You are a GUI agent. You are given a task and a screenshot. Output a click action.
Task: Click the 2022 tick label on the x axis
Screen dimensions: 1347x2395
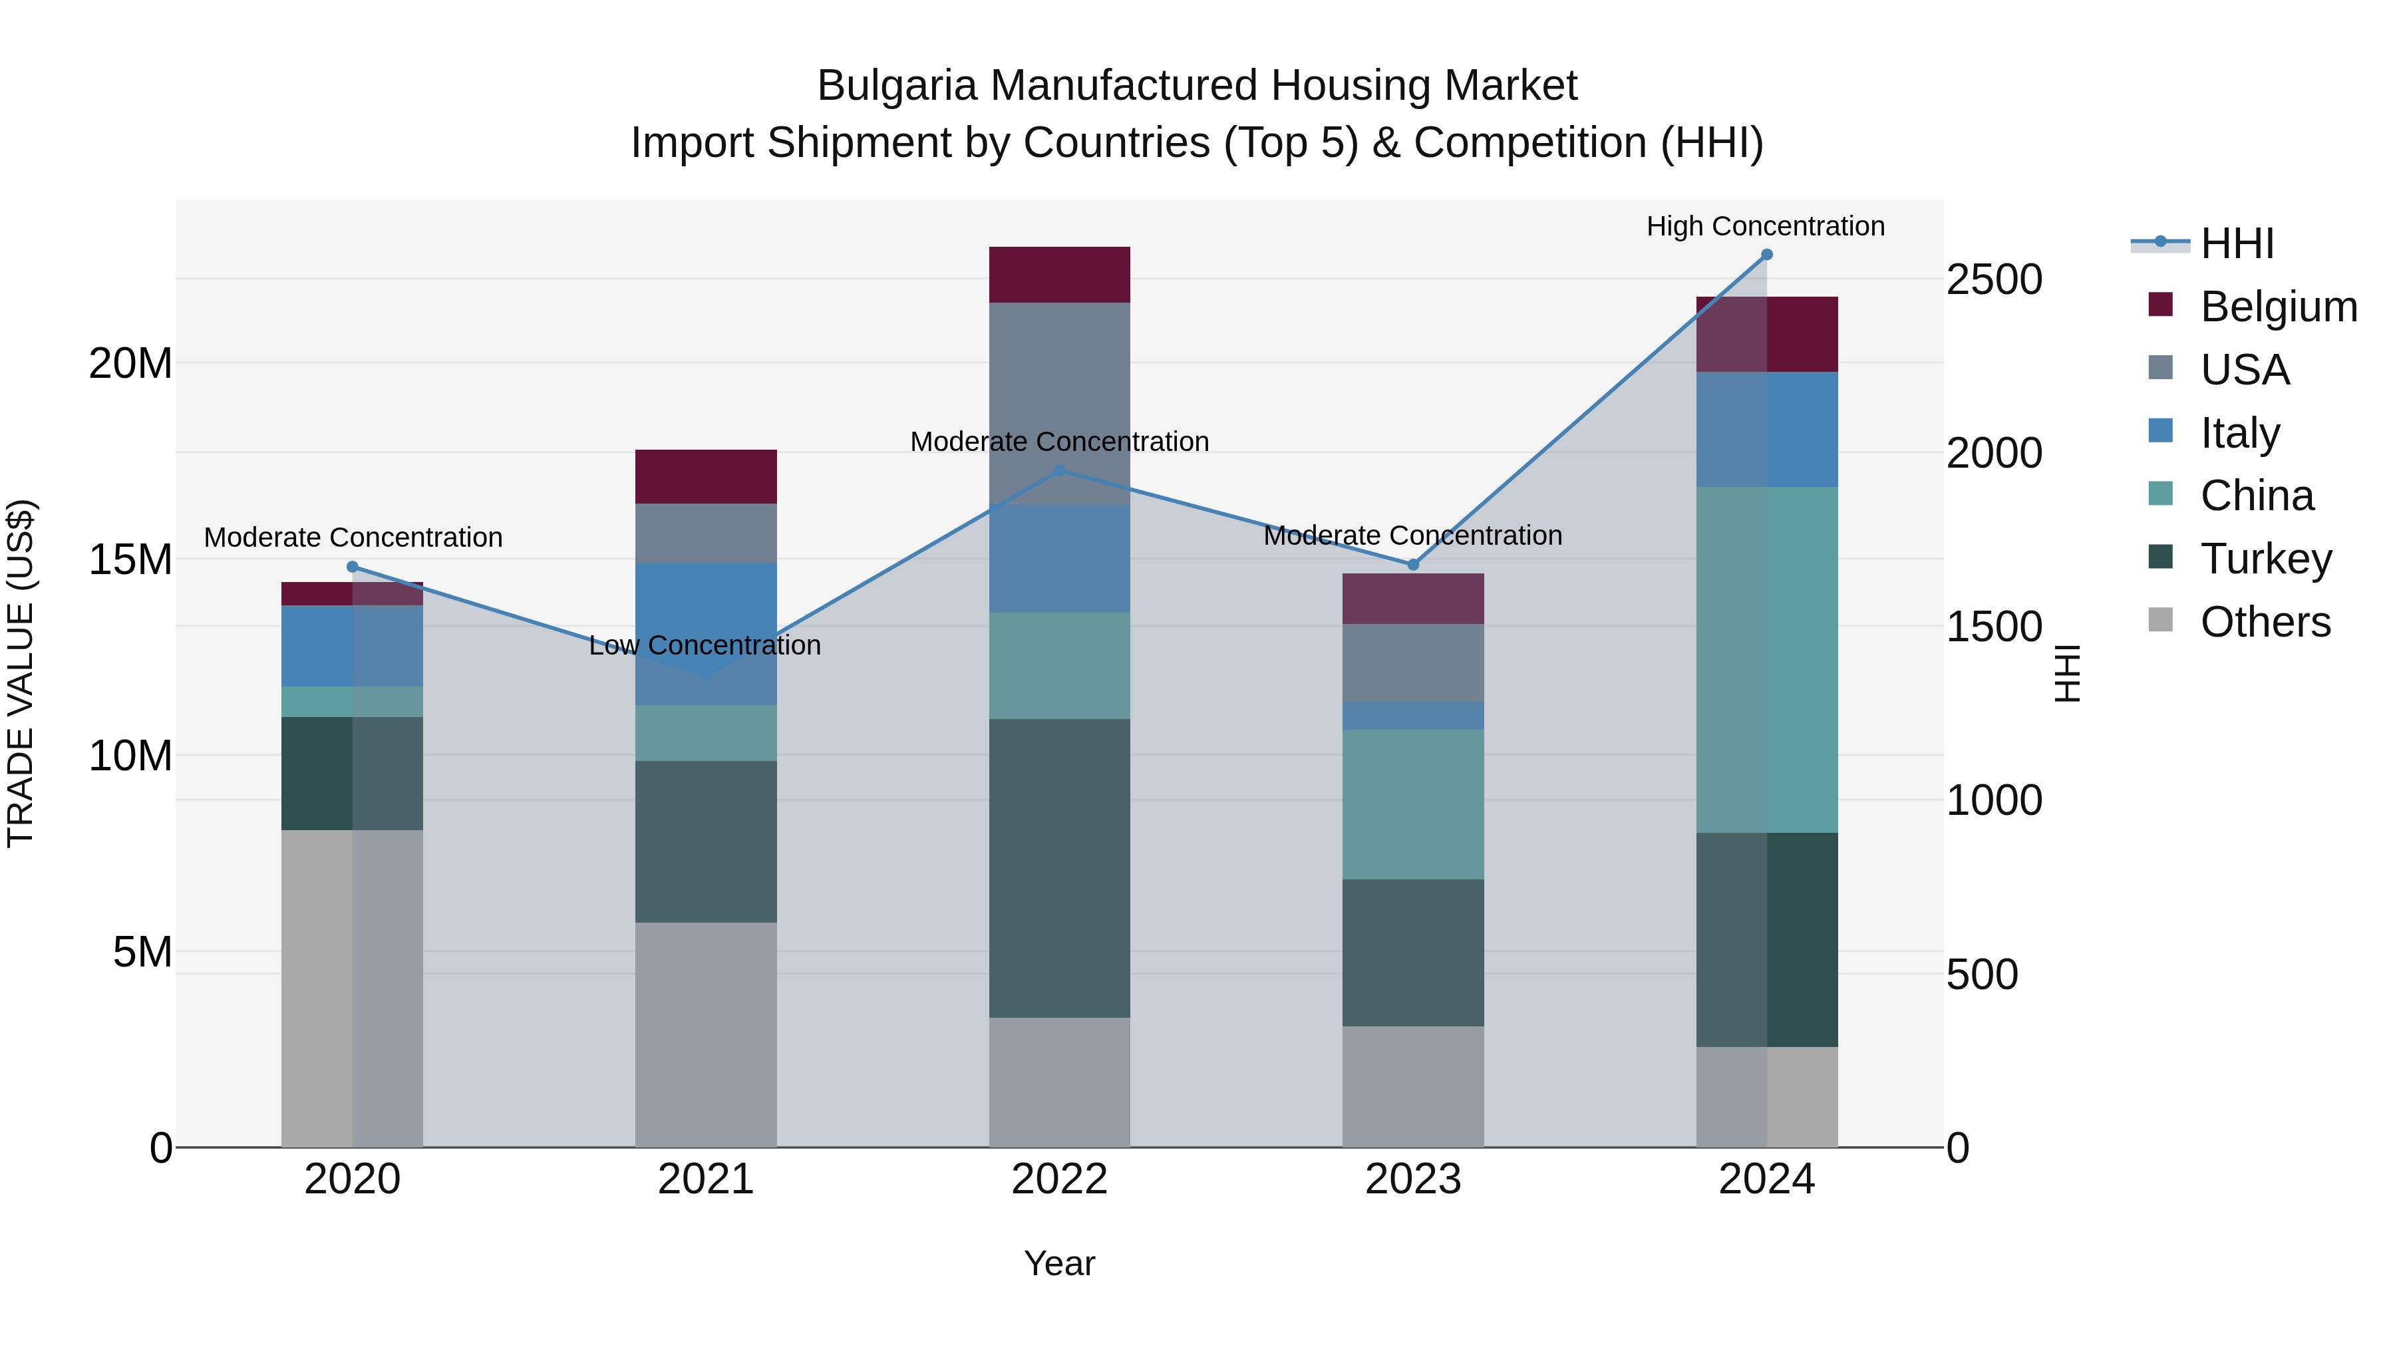(1059, 1179)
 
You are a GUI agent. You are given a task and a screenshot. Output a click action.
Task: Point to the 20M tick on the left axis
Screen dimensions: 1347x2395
(130, 363)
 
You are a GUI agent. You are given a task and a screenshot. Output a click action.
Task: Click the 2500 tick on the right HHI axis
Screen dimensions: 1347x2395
(1995, 280)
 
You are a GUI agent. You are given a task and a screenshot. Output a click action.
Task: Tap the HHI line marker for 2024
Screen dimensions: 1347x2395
(1766, 255)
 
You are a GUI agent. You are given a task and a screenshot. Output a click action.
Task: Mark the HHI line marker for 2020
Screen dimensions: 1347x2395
(353, 567)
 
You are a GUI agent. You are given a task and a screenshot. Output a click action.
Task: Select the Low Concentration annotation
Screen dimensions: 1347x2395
(705, 645)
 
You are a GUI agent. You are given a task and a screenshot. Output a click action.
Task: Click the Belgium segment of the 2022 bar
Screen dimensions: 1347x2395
(1059, 274)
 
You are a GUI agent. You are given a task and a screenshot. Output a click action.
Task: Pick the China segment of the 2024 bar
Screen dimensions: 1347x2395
(1766, 659)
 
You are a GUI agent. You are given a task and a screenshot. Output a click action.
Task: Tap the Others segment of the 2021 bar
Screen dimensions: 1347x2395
(706, 1034)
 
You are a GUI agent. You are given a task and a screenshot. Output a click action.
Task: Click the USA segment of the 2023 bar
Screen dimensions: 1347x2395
(1412, 662)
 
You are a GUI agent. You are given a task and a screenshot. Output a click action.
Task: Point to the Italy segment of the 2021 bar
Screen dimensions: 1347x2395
(706, 633)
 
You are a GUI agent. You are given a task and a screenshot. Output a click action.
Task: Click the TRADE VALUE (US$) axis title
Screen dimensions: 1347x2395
(21, 673)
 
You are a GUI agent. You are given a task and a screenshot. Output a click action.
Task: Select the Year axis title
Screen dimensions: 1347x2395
(1059, 1263)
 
